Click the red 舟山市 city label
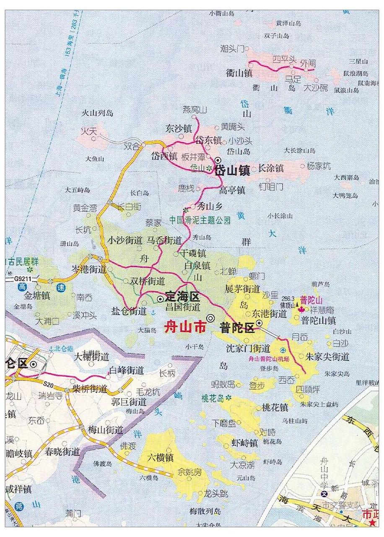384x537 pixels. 184,327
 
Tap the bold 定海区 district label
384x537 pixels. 182,297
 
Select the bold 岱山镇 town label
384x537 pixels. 232,171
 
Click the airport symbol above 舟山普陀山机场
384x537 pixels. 284,350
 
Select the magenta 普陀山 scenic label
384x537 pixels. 311,300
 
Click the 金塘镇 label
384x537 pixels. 36,295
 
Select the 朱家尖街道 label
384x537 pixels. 327,357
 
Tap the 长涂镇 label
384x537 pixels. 271,168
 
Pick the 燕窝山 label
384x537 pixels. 195,110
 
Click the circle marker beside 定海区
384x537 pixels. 161,299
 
